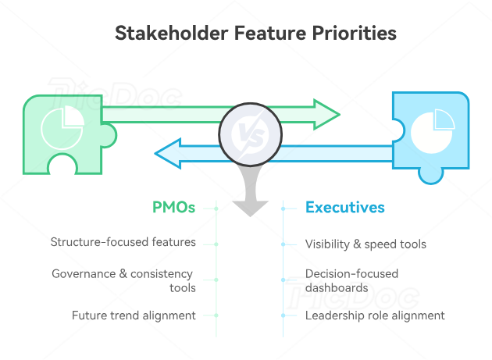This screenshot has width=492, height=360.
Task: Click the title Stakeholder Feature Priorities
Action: coord(255,34)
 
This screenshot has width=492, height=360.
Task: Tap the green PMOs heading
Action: coord(173,208)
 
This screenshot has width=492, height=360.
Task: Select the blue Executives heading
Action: coord(344,208)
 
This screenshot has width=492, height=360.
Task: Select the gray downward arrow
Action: coord(250,195)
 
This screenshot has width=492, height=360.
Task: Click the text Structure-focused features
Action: coord(123,242)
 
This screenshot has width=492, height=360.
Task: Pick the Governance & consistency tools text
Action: coord(123,281)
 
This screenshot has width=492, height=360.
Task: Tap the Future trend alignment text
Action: coord(134,315)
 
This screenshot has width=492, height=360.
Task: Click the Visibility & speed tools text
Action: coord(365,244)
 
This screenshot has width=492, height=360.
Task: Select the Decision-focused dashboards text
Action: coord(351,281)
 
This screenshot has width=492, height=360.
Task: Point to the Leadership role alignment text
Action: coord(375,315)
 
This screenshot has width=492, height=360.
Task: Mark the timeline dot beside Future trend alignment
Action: coord(216,315)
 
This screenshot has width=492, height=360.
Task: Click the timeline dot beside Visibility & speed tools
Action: coord(283,244)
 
